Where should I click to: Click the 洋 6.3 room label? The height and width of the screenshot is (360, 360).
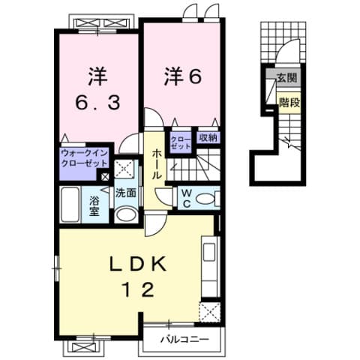[98, 89]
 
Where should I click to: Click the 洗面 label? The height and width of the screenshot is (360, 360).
[125, 193]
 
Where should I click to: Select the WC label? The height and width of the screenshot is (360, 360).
[187, 196]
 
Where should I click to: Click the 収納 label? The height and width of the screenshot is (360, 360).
[208, 137]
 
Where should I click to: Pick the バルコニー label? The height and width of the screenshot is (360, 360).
[184, 340]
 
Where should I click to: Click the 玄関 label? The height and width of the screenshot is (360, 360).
[286, 77]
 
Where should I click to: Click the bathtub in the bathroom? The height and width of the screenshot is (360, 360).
[73, 205]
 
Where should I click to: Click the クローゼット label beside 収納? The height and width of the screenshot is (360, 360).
[181, 142]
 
